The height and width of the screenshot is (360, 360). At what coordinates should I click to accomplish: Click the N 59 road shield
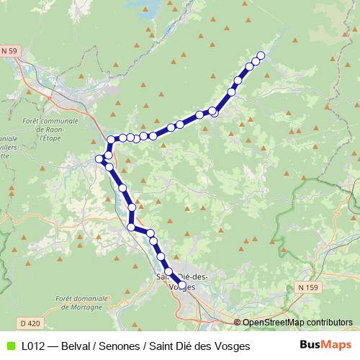pos(9,50)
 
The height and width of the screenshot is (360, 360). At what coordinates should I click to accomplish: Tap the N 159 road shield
pos(307,287)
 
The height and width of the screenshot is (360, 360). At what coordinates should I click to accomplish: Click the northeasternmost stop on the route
pos(261,55)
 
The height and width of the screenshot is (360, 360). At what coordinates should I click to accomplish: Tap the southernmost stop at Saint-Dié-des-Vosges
pos(181,286)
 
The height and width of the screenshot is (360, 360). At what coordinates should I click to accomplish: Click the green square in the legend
pos(9,346)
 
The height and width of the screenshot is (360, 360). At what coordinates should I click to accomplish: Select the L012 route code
pos(33,346)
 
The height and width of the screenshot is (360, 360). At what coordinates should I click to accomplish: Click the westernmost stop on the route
pos(99,158)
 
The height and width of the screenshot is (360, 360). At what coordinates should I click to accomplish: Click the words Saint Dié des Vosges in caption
pos(200,346)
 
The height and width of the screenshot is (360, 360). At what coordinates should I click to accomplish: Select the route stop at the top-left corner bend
pos(111,140)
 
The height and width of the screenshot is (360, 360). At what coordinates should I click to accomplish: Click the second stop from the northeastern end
pos(256,62)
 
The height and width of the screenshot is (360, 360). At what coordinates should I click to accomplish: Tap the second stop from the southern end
pos(168,272)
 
